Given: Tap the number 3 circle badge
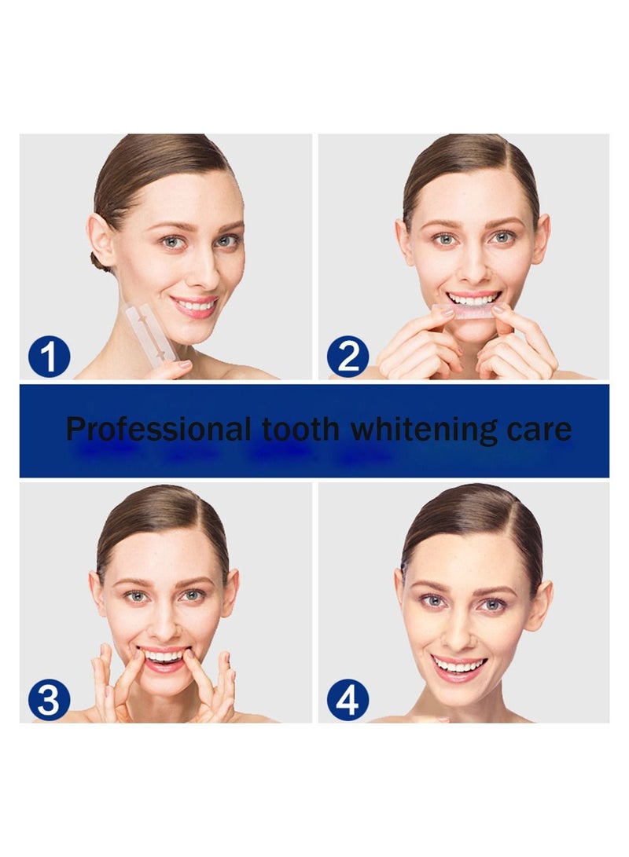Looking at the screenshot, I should tap(50, 700).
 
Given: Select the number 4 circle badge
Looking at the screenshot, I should tap(348, 700).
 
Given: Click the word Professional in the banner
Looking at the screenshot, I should tap(157, 430).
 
